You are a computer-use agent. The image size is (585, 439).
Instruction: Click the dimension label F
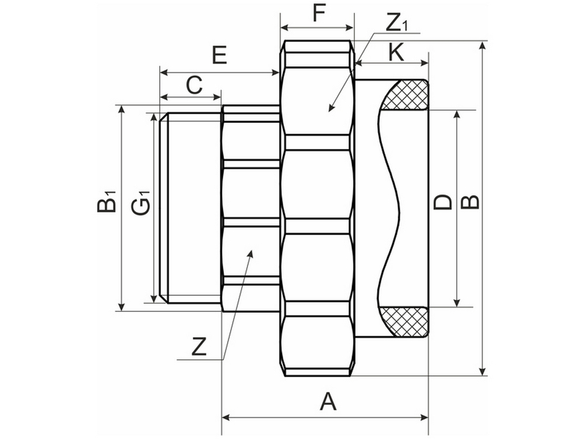point(318,13)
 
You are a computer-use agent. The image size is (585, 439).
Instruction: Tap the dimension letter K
point(396,52)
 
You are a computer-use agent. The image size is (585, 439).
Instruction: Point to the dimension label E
point(219,56)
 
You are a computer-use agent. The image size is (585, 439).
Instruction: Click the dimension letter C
point(194,85)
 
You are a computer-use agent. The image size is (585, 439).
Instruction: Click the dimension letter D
point(443,203)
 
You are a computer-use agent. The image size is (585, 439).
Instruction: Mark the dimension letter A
point(328,402)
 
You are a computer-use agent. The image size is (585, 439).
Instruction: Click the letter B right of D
point(470,202)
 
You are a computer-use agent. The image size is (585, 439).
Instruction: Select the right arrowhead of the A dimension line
point(428,417)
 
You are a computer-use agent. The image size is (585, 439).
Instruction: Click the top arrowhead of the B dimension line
point(483,42)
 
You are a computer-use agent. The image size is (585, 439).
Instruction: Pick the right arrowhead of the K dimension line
point(428,63)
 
